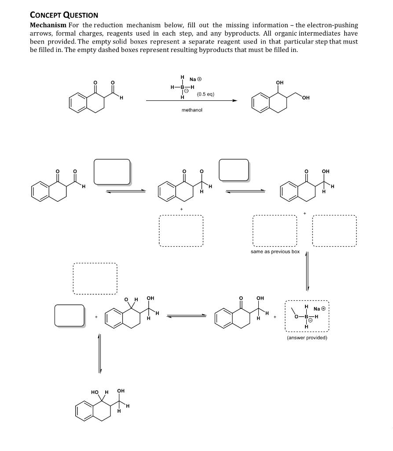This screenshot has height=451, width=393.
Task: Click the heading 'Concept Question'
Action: click(x=64, y=15)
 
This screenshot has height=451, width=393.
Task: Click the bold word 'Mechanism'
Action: click(x=48, y=25)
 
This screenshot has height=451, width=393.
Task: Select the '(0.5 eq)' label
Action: click(x=206, y=94)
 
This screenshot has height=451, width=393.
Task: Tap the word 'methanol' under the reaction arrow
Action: click(x=192, y=110)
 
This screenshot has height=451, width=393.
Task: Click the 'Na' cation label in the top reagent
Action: click(x=192, y=79)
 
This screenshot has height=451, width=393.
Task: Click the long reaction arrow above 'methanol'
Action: click(x=191, y=101)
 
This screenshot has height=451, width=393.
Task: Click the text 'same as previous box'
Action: click(x=275, y=251)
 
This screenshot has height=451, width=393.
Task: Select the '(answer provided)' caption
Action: click(x=307, y=338)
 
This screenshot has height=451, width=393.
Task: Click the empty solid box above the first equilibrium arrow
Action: click(x=112, y=171)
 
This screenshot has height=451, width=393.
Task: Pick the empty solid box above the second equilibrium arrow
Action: click(x=234, y=170)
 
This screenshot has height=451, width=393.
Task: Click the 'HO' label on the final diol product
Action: click(x=95, y=392)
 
